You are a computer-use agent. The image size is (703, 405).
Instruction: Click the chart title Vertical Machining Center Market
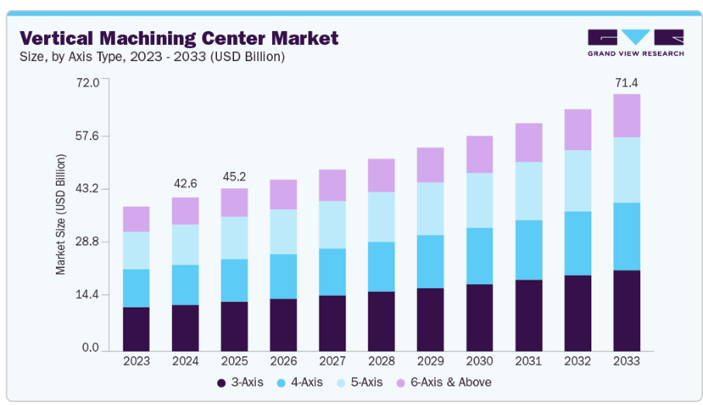tap(179, 37)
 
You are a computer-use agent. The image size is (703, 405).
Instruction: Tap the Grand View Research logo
tap(635, 42)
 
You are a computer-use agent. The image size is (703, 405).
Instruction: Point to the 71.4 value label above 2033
tap(626, 83)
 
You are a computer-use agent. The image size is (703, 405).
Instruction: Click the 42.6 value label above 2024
tap(185, 184)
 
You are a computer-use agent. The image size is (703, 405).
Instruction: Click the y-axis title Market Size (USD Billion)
tap(60, 215)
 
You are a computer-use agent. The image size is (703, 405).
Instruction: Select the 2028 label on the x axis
tap(381, 361)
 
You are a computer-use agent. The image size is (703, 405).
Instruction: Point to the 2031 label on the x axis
tap(529, 361)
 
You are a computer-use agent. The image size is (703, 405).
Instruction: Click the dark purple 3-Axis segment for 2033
tap(626, 311)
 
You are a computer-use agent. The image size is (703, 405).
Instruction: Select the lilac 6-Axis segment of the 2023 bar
tap(136, 219)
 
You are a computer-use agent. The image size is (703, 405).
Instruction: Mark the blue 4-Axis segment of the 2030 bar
tap(479, 256)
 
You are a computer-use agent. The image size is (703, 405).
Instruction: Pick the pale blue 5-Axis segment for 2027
tap(333, 225)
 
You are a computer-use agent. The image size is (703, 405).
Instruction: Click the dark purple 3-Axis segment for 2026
tap(283, 324)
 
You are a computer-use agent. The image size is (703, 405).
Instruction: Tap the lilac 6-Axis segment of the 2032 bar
tap(577, 129)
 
